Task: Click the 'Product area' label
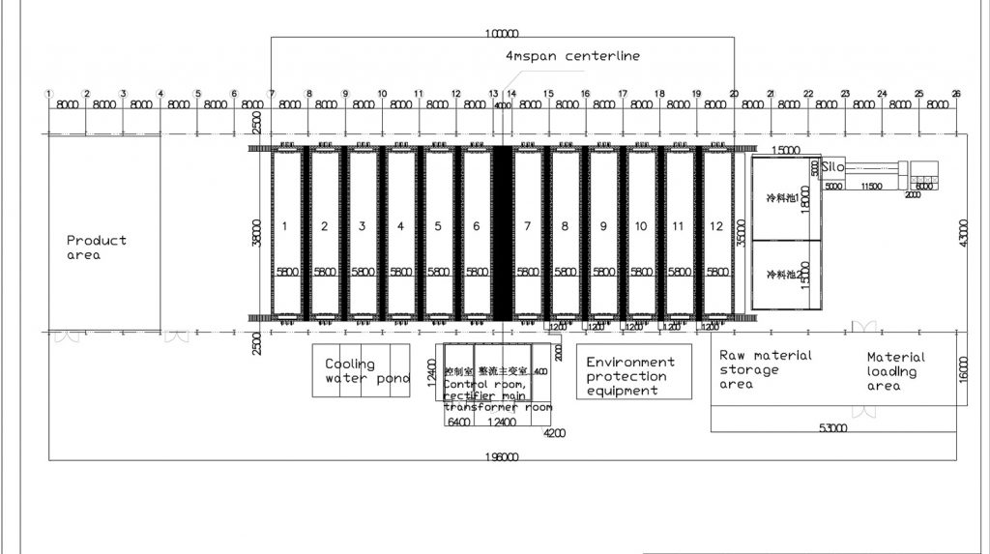97,248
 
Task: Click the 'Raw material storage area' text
766,369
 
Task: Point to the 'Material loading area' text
895,371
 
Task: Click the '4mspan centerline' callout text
572,56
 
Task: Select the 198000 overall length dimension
503,456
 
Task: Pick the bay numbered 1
286,226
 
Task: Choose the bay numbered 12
716,226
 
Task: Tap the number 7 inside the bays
527,226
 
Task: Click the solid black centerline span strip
502,232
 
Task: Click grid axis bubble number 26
956,94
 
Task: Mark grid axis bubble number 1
48,94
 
